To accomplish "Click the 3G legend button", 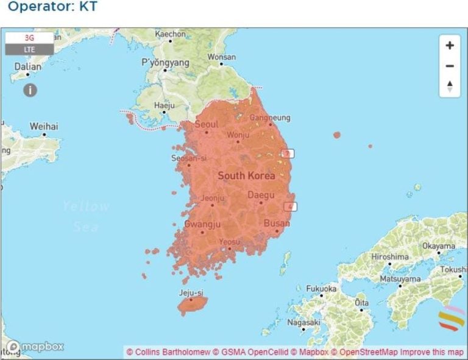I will click(29, 38).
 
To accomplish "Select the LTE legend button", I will click(29, 49).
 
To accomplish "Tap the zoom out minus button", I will click(450, 66).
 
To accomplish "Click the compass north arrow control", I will click(450, 86).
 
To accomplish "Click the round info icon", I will click(30, 90).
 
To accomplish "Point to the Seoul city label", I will click(206, 124).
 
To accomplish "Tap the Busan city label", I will click(277, 223).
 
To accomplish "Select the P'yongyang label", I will click(161, 62).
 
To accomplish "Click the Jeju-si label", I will click(191, 292).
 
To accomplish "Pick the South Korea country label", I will click(246, 175).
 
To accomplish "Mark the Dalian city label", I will click(28, 66).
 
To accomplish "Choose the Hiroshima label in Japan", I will click(389, 256).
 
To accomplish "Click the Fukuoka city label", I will click(321, 288).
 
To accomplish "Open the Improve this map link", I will click(438, 352).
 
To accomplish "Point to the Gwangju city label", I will click(202, 224).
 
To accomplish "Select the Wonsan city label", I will click(221, 57).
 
